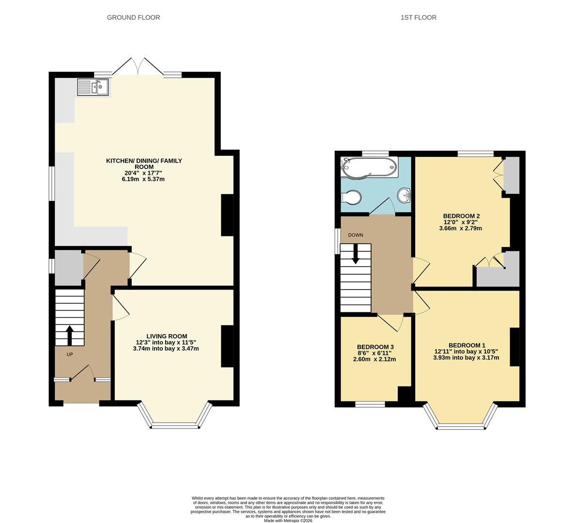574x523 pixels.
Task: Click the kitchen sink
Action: [93, 88]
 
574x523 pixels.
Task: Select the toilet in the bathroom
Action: [351, 198]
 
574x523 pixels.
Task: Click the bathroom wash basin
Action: [404, 196]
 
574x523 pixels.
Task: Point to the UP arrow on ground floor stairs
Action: [69, 335]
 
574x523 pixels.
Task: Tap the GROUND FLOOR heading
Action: [133, 17]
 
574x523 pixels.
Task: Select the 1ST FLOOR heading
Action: [418, 17]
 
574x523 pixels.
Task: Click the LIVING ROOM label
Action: [167, 336]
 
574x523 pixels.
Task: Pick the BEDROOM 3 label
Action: [375, 347]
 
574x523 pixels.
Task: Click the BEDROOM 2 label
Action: [461, 216]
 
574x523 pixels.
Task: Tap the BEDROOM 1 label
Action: [466, 345]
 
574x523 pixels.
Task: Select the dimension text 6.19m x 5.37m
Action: [143, 179]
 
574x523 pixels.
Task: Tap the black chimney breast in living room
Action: [227, 346]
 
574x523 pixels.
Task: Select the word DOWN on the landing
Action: [356, 235]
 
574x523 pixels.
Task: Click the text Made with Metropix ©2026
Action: [288, 521]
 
